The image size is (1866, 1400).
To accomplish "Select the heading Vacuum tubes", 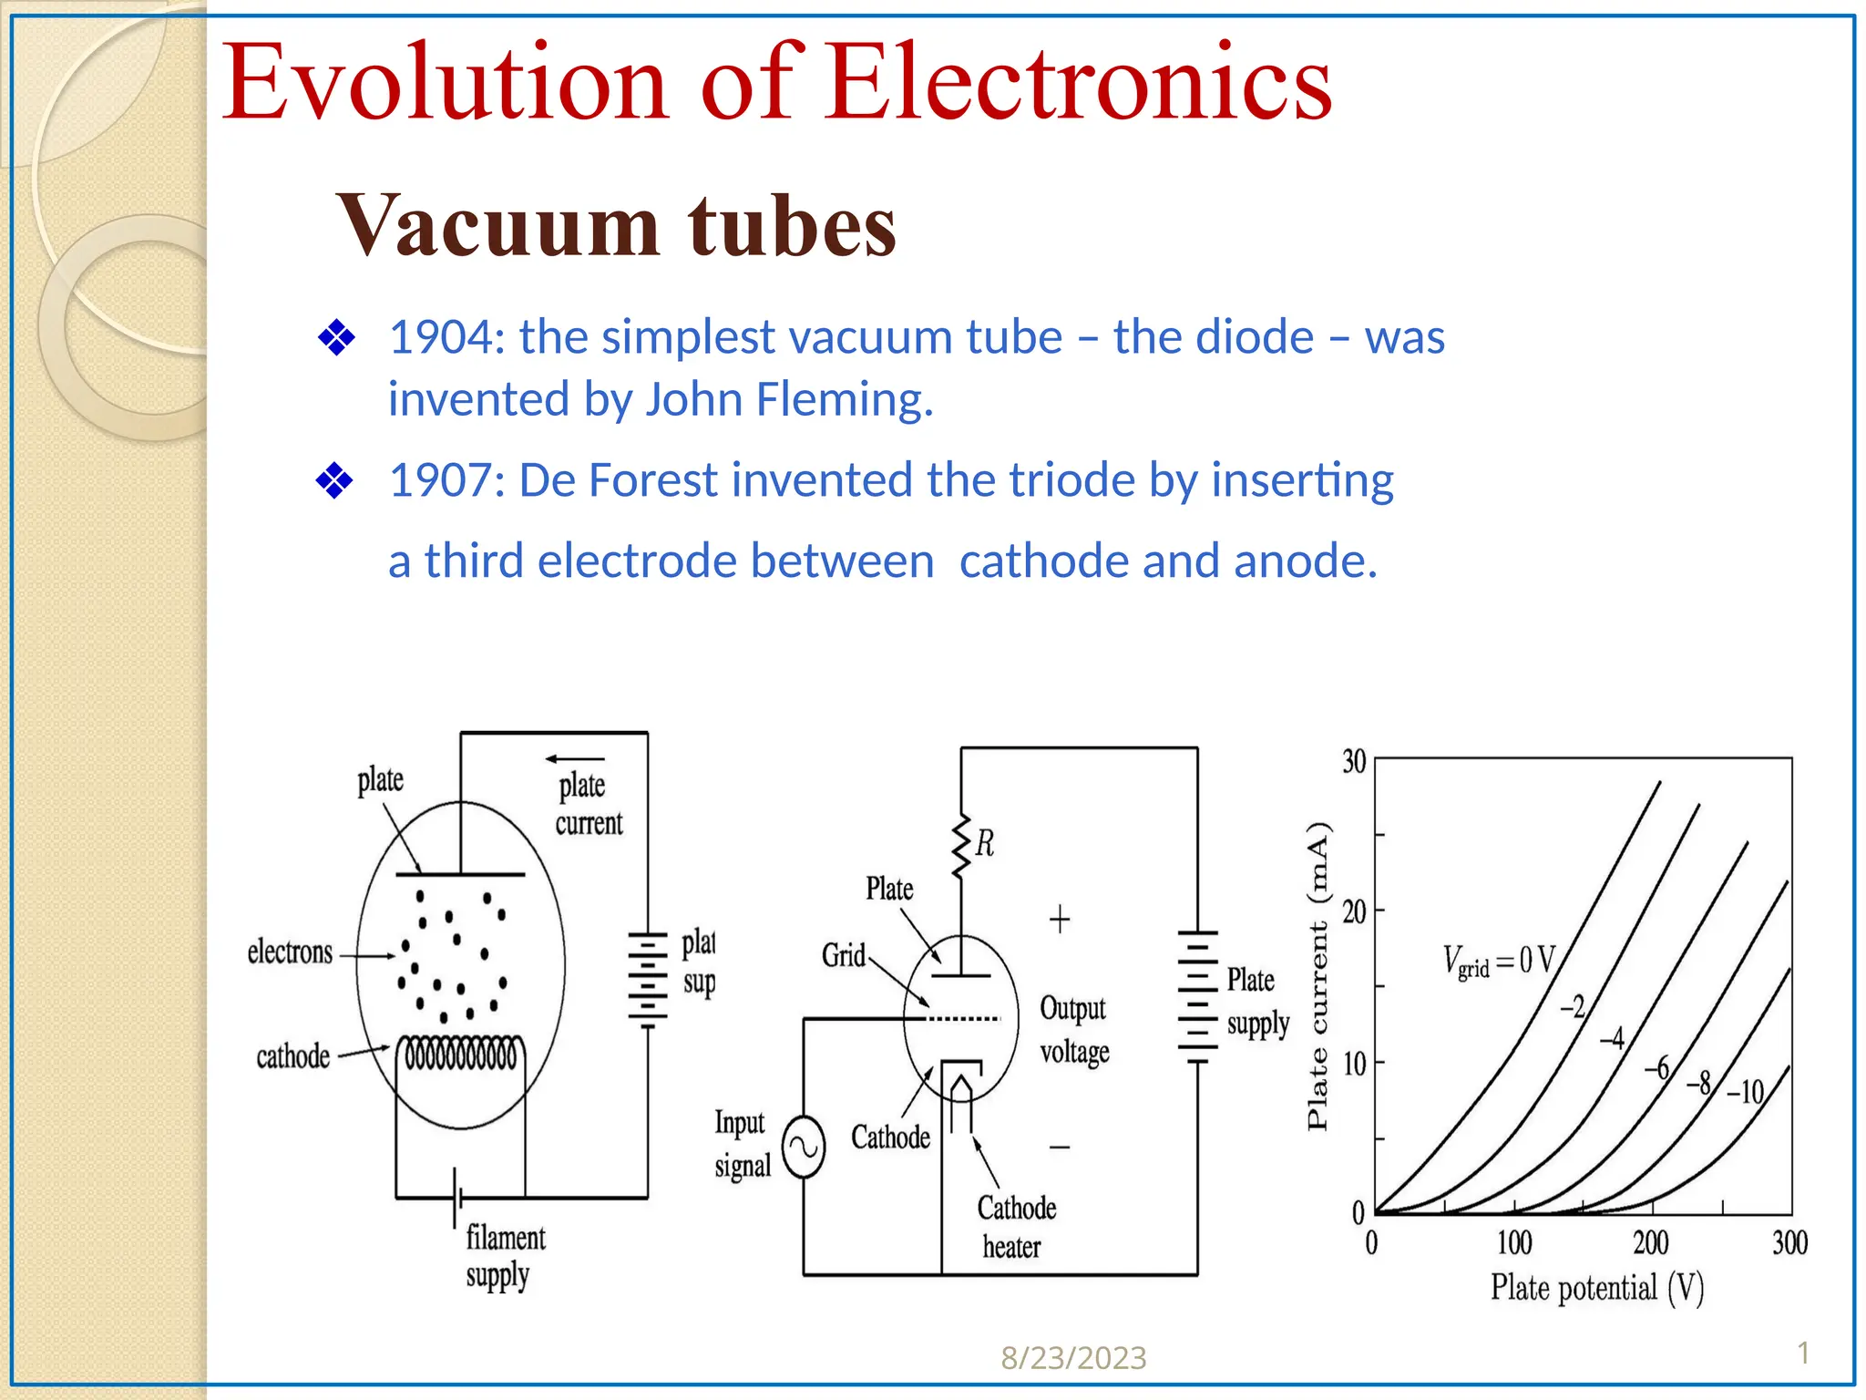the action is (617, 225).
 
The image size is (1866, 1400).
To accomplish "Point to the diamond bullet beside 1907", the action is (334, 480).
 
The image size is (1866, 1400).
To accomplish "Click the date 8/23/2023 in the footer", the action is (1073, 1358).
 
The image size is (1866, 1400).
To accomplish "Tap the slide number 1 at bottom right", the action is (1803, 1353).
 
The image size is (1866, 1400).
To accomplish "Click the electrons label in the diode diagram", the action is (290, 952).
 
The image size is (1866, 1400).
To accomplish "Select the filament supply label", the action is (505, 1256).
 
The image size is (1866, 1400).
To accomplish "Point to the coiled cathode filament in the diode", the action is (460, 1055).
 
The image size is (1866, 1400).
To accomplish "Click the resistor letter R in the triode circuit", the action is (985, 843).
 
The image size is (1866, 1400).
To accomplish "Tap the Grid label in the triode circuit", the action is (844, 955).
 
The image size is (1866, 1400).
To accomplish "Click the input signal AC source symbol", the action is (805, 1147).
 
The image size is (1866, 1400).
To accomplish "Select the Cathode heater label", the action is (1015, 1227).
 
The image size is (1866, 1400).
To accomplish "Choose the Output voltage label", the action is (1074, 1030).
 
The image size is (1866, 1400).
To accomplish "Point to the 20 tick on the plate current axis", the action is (1354, 911).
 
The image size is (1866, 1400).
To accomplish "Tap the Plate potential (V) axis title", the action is (1596, 1288).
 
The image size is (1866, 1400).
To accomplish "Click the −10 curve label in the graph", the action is (1746, 1091).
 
